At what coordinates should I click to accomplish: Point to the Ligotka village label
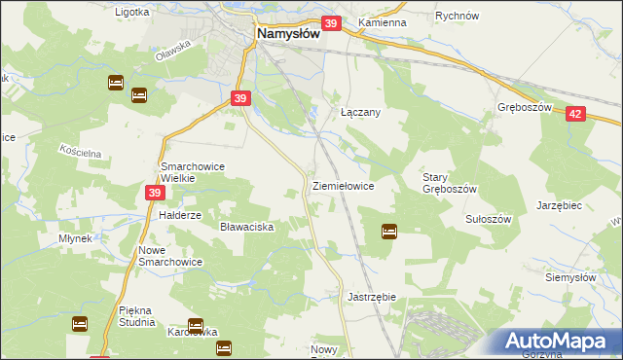pyautogui.click(x=131, y=13)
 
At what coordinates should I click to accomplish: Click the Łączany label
pyautogui.click(x=359, y=112)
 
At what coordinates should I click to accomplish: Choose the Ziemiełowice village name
pyautogui.click(x=343, y=185)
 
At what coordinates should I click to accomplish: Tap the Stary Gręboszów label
pyautogui.click(x=449, y=183)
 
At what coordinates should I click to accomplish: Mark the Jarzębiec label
pyautogui.click(x=559, y=206)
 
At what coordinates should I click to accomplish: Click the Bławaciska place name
pyautogui.click(x=247, y=226)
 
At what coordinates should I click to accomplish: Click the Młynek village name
pyautogui.click(x=74, y=238)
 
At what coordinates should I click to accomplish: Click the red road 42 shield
pyautogui.click(x=574, y=114)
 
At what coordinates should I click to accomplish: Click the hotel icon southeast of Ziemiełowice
pyautogui.click(x=389, y=231)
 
